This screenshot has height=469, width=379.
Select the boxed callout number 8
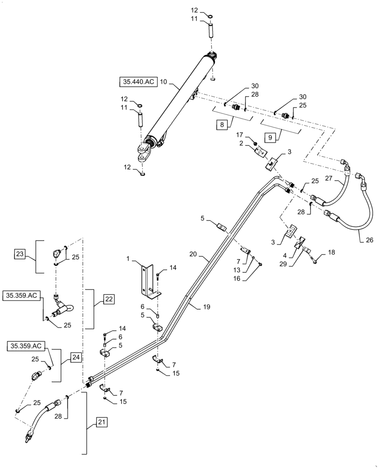222,125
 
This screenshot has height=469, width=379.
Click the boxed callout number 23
20,254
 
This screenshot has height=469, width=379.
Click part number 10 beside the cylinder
163,82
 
